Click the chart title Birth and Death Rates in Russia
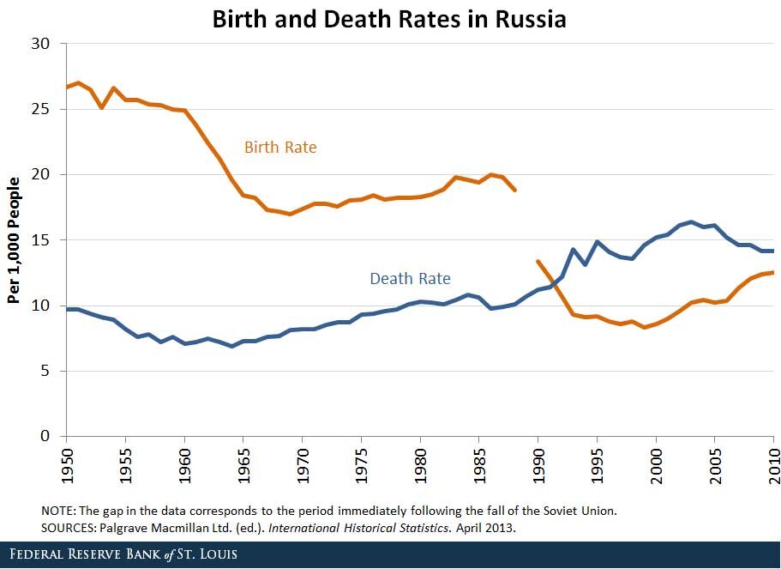390,19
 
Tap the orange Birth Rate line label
280,148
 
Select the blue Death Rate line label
410,279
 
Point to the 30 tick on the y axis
40,44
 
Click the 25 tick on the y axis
40,110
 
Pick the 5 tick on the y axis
45,371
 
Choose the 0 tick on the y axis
45,436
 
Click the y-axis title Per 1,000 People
14,241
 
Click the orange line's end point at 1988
514,190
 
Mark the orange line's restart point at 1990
538,261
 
